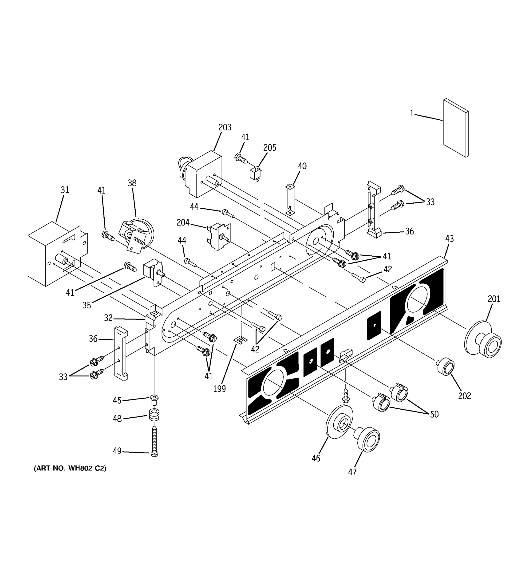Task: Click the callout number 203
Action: (x=225, y=127)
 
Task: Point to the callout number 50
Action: (x=434, y=414)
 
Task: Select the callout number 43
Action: (x=449, y=239)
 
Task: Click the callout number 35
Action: (x=87, y=305)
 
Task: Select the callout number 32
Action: (x=108, y=318)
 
